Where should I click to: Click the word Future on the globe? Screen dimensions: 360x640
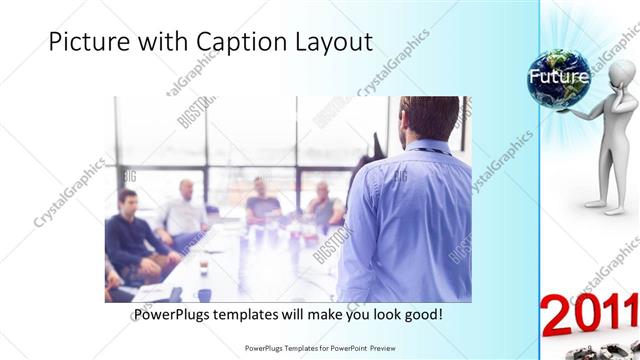558,76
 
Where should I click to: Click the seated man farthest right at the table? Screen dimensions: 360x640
324,205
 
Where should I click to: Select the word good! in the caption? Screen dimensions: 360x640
423,315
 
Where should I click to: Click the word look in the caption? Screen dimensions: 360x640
382,315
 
